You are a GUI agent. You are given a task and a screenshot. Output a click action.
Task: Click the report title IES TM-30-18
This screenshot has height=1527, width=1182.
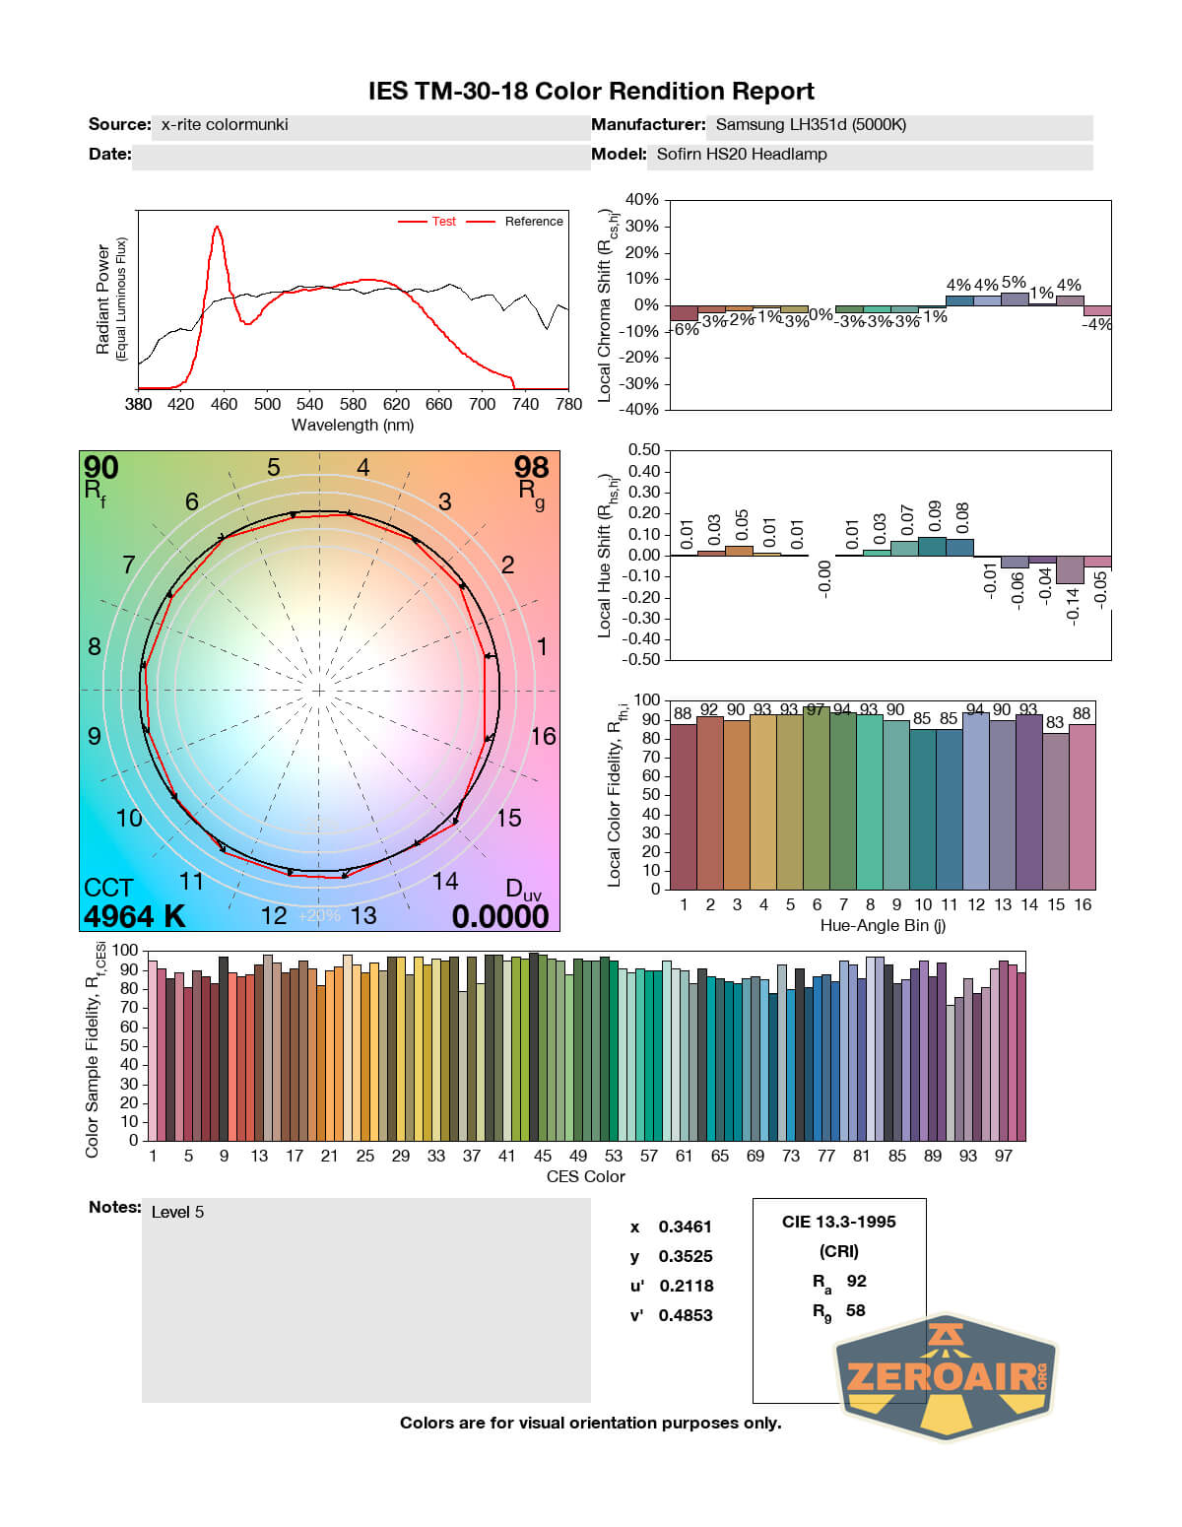pyautogui.click(x=590, y=92)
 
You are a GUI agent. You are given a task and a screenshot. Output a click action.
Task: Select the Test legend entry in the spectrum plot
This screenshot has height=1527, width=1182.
pyautogui.click(x=443, y=222)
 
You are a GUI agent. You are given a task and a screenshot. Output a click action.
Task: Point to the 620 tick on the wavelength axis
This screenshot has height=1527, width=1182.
pyautogui.click(x=396, y=404)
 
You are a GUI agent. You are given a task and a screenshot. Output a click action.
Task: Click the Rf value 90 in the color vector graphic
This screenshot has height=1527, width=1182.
pyautogui.click(x=100, y=468)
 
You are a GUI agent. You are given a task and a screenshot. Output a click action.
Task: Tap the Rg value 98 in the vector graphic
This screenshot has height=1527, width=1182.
pyautogui.click(x=531, y=468)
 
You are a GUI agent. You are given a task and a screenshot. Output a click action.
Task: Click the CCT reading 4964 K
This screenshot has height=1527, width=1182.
pyautogui.click(x=134, y=916)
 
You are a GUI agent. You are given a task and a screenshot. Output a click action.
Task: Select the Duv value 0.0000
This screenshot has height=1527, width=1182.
pyautogui.click(x=500, y=916)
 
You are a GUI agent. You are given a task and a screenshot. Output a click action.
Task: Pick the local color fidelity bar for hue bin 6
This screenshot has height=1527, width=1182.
pyautogui.click(x=817, y=798)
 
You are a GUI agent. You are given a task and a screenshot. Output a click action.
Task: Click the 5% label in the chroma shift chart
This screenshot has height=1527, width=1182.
pyautogui.click(x=1014, y=283)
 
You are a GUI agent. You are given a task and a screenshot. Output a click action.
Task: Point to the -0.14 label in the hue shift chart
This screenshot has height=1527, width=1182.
pyautogui.click(x=1073, y=603)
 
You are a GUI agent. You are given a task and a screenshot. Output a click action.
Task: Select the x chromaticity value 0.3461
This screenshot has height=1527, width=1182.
pyautogui.click(x=685, y=1227)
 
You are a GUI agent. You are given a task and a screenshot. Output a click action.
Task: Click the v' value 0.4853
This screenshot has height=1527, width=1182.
pyautogui.click(x=686, y=1315)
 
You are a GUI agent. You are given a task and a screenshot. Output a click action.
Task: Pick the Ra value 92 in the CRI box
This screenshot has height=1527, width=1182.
pyautogui.click(x=856, y=1281)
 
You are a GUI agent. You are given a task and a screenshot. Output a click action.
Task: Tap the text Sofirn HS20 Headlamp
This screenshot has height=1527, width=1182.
pyautogui.click(x=742, y=154)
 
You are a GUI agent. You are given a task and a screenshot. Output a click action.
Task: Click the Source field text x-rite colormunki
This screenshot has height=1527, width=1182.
pyautogui.click(x=225, y=124)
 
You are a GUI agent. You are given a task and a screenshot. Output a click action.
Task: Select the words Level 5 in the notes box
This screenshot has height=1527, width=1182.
pyautogui.click(x=177, y=1212)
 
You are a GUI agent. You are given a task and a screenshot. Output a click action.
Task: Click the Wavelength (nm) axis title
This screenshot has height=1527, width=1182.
pyautogui.click(x=353, y=426)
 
